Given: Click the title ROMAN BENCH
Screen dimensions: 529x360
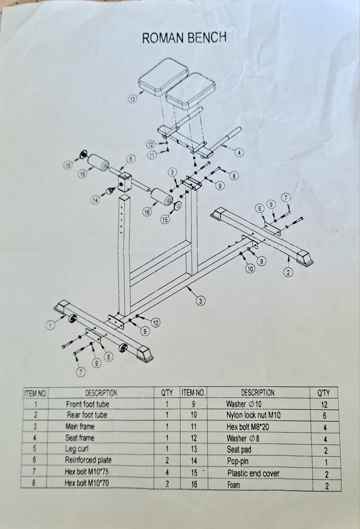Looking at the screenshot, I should [184, 38].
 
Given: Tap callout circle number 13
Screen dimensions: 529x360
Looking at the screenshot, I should [132, 99].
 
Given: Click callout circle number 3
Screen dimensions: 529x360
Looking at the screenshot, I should [201, 301].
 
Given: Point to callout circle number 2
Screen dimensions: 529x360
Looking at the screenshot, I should [288, 273].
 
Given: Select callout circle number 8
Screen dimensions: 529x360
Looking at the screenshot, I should [234, 176].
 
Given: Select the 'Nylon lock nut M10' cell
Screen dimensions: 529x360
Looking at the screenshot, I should [253, 415].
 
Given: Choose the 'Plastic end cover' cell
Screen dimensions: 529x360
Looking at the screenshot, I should [253, 473].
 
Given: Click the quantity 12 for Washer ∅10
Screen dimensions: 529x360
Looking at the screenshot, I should [324, 405].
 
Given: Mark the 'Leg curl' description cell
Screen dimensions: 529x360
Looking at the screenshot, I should [76, 449].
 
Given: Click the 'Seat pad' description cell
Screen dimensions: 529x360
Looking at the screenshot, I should [239, 449].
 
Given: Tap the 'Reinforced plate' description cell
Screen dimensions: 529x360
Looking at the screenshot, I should [88, 460].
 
